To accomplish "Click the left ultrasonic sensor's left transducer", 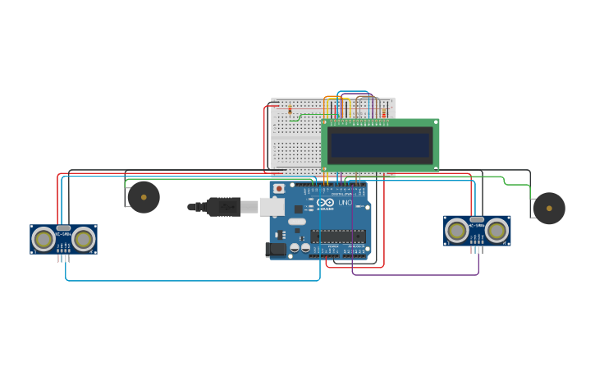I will coord(43,239).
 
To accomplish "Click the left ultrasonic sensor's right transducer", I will coord(83,239).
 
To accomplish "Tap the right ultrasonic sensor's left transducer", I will coord(456,231).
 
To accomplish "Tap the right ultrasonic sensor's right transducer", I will coord(497,231).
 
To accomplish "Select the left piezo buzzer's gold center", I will coord(144,197).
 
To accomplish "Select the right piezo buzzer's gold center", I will coord(549,209).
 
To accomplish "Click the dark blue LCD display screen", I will coord(379,145).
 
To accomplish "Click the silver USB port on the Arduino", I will coord(272,207).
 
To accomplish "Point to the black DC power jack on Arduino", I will coord(277,249).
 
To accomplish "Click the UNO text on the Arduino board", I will coord(346,203).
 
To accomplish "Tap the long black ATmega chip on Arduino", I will coord(338,237).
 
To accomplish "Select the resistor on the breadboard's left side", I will coord(290,109).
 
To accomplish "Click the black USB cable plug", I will coord(222,207).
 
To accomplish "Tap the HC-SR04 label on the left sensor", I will coord(62,234).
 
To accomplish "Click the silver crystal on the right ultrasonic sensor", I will coord(477,219).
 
